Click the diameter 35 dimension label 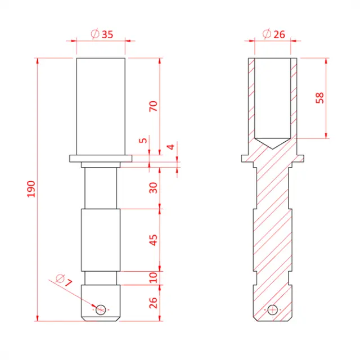102,34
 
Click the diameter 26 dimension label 274,34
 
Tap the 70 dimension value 152,106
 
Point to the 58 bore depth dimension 320,97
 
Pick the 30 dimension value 152,188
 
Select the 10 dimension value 152,277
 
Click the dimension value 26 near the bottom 152,303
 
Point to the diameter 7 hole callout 65,280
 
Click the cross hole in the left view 101,309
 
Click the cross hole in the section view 273,309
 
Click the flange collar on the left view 101,158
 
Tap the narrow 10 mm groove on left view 101,277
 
